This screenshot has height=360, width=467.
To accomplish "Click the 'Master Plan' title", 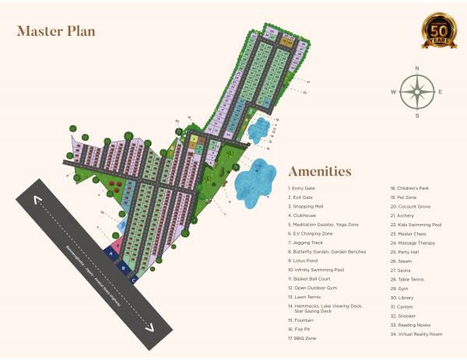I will click(55, 32).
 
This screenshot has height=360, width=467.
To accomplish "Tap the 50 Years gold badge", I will click(439, 31).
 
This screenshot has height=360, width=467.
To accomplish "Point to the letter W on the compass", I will click(394, 92).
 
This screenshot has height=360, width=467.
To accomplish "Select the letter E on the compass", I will click(440, 92).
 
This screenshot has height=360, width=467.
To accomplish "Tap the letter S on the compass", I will click(417, 115).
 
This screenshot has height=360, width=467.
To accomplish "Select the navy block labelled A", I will click(111, 253).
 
